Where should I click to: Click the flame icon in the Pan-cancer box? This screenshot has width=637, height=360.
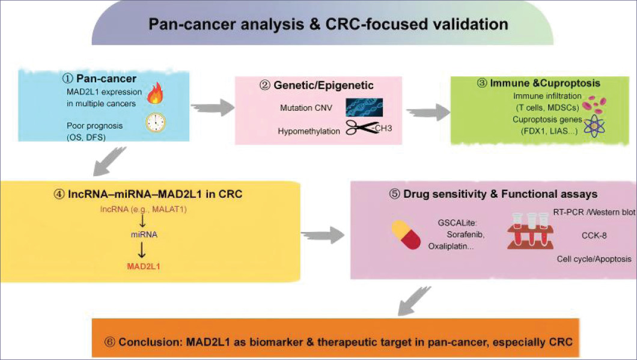[x=155, y=93]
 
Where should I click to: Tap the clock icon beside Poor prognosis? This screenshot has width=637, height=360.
[x=156, y=122]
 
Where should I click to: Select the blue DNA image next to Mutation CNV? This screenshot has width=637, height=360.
[x=364, y=107]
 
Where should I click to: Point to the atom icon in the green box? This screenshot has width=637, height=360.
[x=594, y=126]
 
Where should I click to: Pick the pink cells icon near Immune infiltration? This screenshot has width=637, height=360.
[x=594, y=105]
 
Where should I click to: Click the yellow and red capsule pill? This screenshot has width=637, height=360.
[x=406, y=235]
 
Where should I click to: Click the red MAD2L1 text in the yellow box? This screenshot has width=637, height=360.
[x=144, y=267]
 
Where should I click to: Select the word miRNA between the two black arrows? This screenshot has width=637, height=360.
[x=144, y=234]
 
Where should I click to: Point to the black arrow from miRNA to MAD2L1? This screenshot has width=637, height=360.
[x=141, y=250]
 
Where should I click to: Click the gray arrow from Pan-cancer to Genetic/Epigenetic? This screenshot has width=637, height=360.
[x=213, y=107]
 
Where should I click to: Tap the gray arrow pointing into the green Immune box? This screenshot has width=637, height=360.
[x=428, y=112]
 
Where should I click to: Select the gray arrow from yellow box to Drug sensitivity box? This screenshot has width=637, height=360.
[x=323, y=235]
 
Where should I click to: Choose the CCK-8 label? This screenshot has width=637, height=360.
[x=594, y=236]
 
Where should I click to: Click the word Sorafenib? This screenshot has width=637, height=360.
[x=466, y=234]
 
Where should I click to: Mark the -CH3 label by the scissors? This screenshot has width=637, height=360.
[x=381, y=129]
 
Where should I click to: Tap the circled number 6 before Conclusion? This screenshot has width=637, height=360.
[x=110, y=342]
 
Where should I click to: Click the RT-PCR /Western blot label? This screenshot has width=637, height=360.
[x=594, y=212]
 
